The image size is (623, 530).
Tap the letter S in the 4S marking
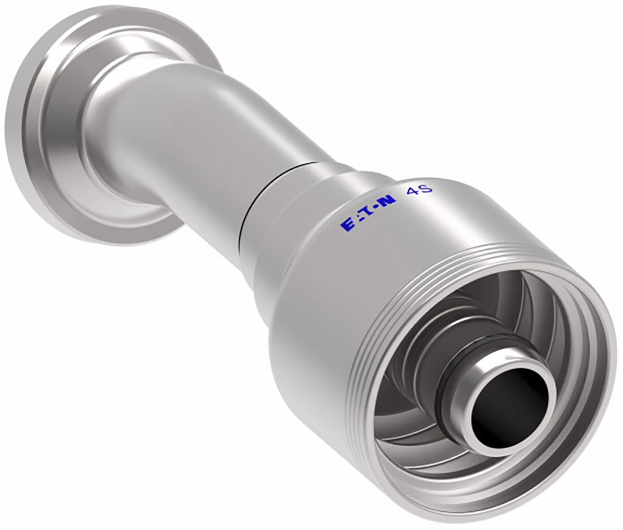pyautogui.click(x=426, y=189)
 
